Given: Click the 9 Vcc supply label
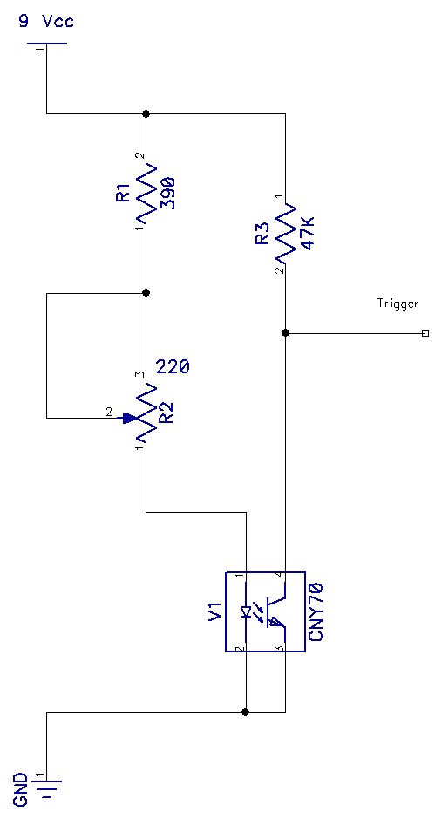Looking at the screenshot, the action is [x=46, y=23].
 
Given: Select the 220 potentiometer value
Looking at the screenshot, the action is [x=173, y=368].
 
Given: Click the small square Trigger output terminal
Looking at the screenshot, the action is [x=425, y=332].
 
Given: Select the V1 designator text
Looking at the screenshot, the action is [x=214, y=611].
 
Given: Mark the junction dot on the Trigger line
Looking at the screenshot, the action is [x=285, y=332].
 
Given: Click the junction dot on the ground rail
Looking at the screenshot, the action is [x=246, y=711].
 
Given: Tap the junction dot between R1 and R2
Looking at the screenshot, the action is [x=146, y=292].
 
